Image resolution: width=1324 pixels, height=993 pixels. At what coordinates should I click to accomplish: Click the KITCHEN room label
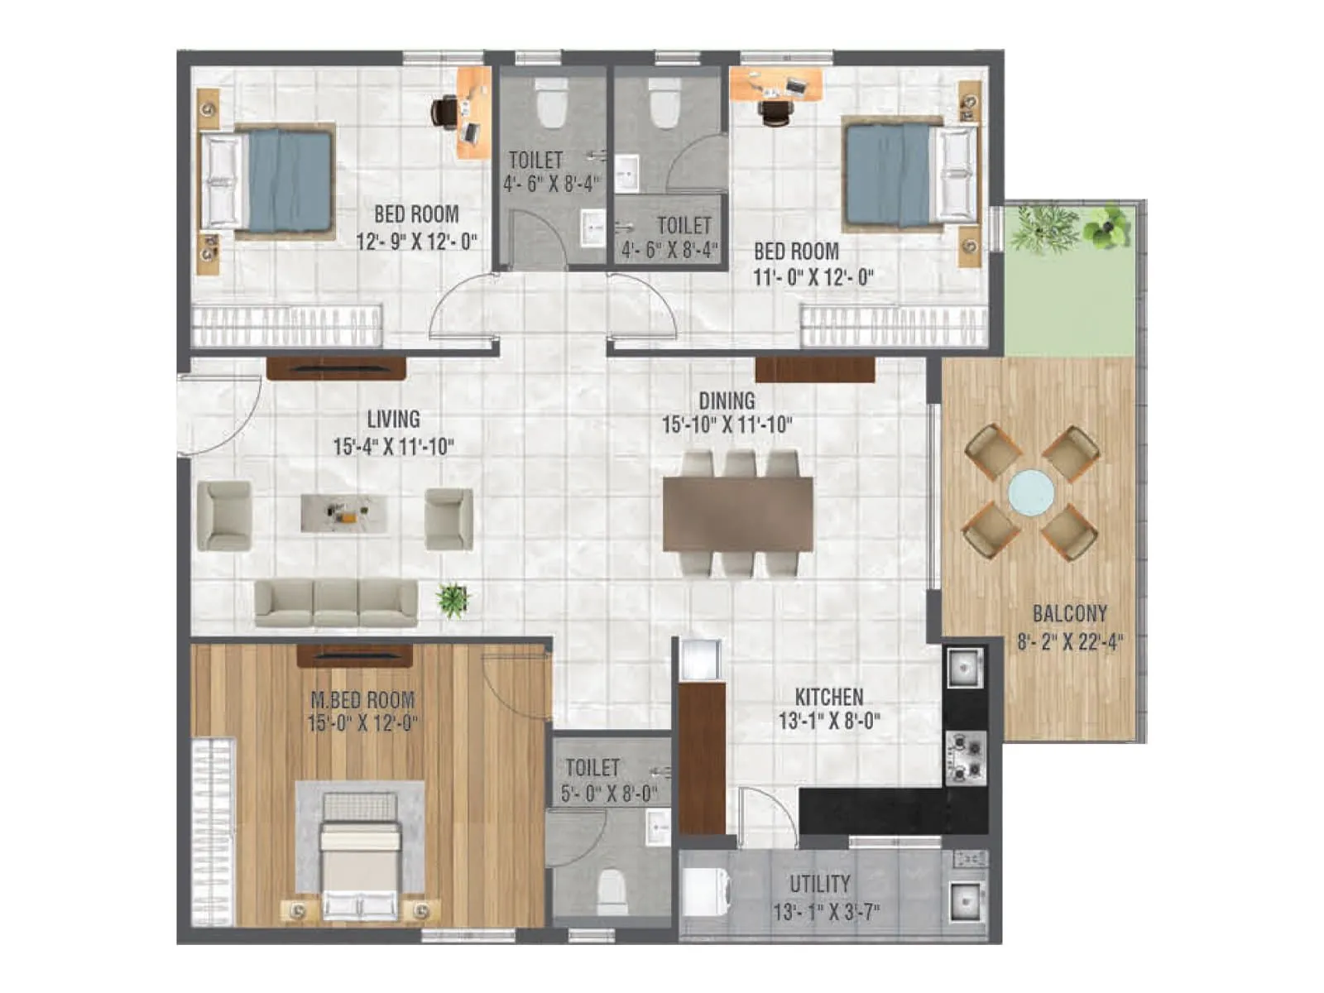tap(828, 697)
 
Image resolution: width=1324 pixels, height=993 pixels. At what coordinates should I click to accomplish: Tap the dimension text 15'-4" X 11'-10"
tap(393, 447)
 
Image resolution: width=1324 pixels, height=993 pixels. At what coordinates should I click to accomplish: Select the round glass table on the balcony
tap(1031, 492)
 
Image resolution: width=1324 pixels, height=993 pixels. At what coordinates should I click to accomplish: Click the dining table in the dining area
tap(737, 514)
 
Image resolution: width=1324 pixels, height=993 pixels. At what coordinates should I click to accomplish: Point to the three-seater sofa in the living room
tap(336, 602)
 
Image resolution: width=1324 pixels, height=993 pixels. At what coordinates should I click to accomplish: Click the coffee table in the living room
tap(343, 513)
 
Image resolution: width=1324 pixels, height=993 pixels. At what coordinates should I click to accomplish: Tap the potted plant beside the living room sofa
tap(453, 600)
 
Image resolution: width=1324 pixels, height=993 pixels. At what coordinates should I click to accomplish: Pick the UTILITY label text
tap(819, 884)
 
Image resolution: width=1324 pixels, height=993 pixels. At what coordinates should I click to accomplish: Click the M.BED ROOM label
tap(362, 700)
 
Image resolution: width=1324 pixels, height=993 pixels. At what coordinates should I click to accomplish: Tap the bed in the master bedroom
tap(360, 865)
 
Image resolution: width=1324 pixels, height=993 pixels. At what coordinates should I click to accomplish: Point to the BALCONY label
tap(1069, 614)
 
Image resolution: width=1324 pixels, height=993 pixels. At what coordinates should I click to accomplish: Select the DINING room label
tap(727, 401)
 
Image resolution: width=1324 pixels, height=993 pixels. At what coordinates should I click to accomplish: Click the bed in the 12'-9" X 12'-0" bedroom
tap(277, 180)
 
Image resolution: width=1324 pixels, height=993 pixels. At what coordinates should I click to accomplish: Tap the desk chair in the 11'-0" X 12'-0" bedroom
tap(775, 112)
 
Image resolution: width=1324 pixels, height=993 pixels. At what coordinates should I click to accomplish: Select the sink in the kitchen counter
tap(965, 667)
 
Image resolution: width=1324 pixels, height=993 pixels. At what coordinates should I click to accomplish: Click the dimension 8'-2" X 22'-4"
tap(1069, 642)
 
